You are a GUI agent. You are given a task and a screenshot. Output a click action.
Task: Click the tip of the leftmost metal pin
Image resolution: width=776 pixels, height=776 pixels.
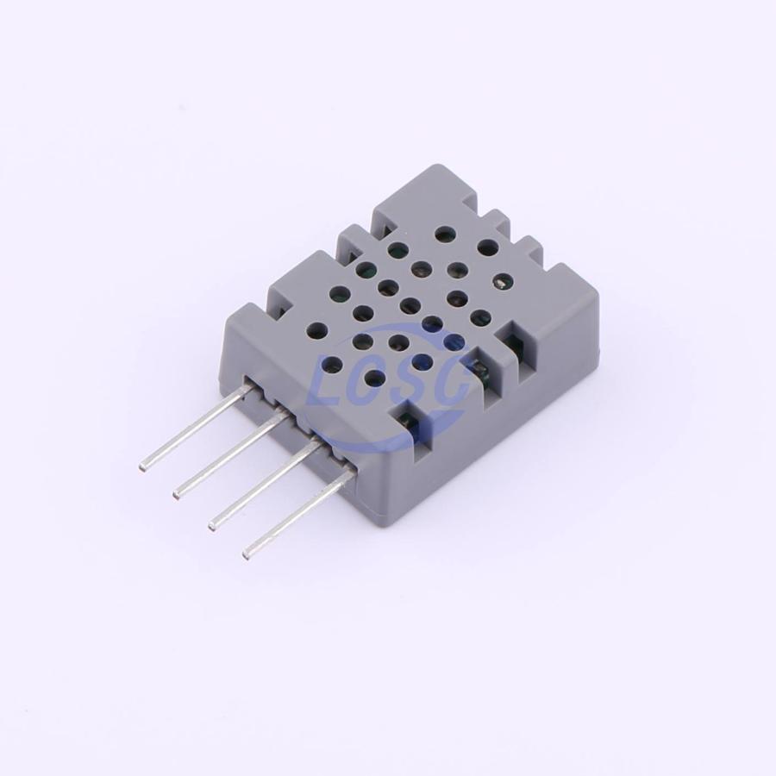coord(142,466)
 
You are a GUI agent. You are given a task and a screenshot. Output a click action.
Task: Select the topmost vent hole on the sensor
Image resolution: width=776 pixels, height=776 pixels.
coord(445,233)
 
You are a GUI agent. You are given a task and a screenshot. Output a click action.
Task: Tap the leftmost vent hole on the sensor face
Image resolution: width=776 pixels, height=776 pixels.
coord(317,329)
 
